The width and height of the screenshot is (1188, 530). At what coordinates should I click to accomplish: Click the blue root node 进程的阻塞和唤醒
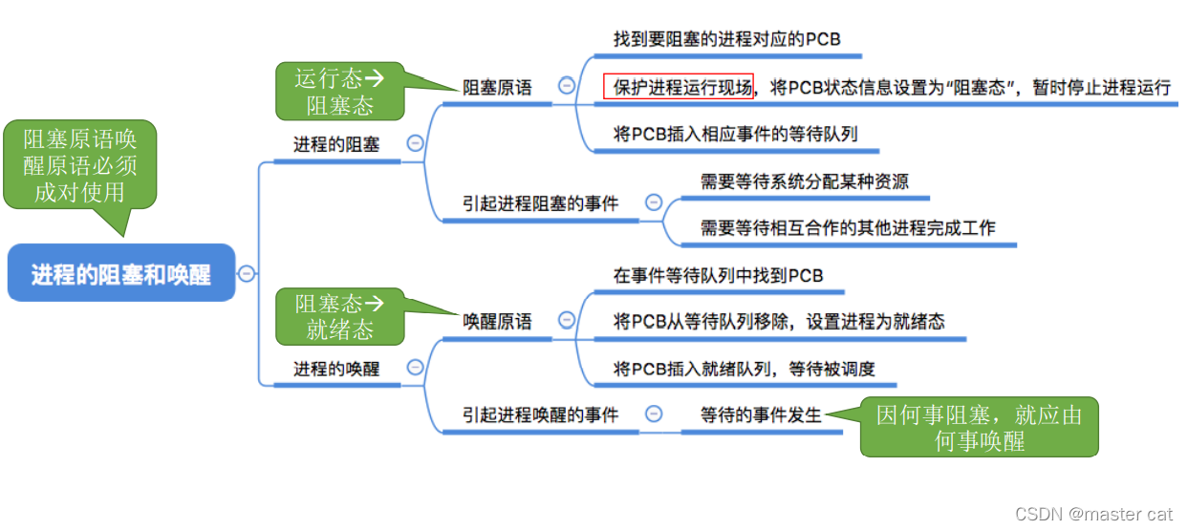point(120,274)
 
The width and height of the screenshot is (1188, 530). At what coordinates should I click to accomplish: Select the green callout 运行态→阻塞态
point(339,92)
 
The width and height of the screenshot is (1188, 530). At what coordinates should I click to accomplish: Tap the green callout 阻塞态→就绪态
point(339,317)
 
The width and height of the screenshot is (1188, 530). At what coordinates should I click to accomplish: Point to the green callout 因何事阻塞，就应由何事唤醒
point(980,427)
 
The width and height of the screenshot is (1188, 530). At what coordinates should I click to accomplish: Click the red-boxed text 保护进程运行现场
point(679,87)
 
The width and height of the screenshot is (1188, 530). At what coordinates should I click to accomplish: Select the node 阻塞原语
point(497,87)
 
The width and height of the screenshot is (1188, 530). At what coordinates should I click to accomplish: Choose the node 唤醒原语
point(497,322)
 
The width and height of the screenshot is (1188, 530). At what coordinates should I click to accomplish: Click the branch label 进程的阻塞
point(335,144)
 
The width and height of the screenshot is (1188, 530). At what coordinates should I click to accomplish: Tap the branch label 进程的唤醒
point(335,369)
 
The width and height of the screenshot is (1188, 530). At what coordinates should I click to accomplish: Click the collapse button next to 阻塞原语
point(566,86)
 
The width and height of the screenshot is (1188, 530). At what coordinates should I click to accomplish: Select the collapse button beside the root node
point(247,273)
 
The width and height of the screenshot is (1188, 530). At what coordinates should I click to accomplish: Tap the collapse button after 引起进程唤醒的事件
point(654,414)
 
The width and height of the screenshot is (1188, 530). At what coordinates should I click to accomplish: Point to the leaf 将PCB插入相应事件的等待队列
point(735,134)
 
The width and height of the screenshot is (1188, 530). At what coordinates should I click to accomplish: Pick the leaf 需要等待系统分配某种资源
point(804,181)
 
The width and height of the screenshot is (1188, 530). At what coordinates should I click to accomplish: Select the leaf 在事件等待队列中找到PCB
point(718,275)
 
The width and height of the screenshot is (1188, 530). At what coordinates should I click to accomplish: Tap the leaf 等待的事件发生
point(761,414)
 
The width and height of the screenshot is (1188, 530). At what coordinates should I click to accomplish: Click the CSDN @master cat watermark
point(1093,514)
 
